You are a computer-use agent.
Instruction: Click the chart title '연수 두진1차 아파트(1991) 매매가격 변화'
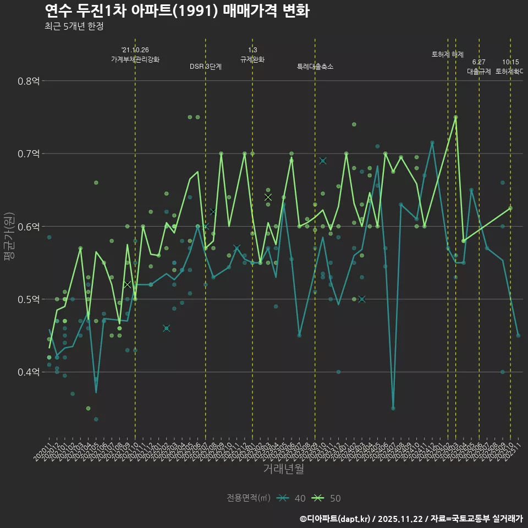coord(177,10)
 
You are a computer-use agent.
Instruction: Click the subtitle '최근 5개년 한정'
coord(74,26)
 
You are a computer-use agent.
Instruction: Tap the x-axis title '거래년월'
coord(283,469)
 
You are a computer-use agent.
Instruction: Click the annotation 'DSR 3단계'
coord(206,67)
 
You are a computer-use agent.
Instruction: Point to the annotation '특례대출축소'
coord(315,67)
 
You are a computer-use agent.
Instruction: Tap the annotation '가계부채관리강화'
coord(135,59)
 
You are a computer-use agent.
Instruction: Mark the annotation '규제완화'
coord(252,59)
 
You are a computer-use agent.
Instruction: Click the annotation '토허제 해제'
coord(448,54)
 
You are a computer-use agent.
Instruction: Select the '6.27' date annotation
coord(479,62)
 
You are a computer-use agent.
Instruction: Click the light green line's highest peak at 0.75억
coord(455,117)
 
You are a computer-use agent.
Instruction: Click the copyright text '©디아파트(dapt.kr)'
coord(336,519)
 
